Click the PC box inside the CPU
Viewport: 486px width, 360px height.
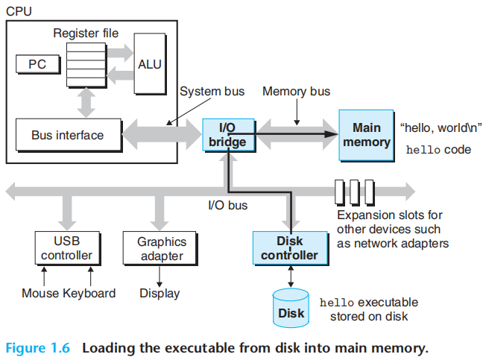37,65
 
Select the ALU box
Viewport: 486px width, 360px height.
150,64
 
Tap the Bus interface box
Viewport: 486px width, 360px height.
67,136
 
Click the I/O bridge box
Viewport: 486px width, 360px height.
227,135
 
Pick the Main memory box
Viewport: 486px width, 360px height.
366,135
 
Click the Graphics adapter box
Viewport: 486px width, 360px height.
161,249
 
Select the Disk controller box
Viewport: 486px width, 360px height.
289,248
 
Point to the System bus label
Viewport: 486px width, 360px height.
212,92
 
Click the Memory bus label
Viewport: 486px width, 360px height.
297,92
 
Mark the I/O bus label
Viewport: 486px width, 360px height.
228,204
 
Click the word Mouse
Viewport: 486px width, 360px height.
40,293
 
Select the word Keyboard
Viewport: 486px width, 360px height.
89,293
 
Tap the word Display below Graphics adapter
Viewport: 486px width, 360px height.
160,293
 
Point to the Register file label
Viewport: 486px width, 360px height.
86,34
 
